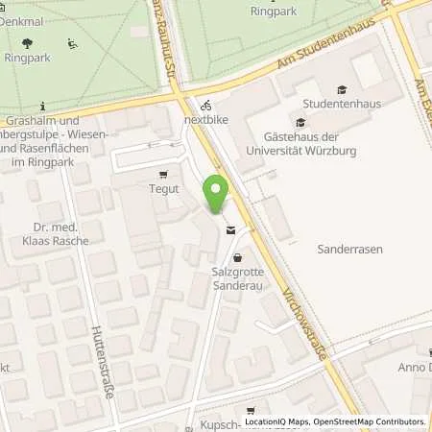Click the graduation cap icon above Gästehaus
click(x=300, y=122)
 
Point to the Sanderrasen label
click(x=349, y=249)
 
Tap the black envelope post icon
click(x=230, y=230)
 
